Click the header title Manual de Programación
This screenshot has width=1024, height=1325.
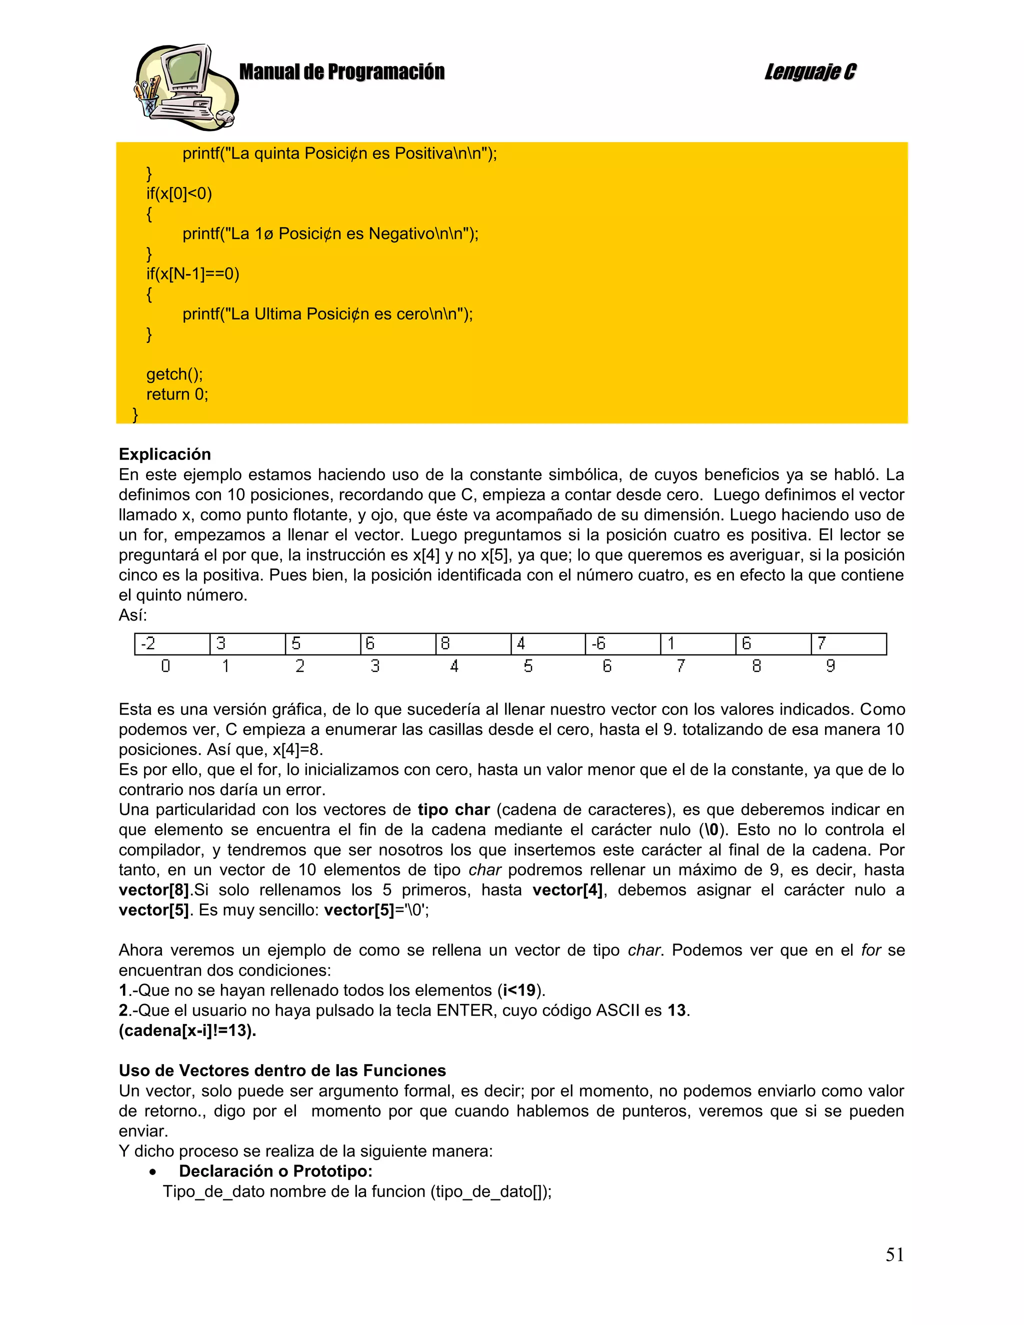click(341, 72)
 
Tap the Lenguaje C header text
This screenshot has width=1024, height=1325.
click(810, 72)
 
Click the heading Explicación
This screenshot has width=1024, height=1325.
click(164, 454)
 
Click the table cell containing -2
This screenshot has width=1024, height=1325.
click(171, 643)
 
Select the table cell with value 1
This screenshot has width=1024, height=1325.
click(697, 643)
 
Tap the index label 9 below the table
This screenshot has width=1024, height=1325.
click(830, 666)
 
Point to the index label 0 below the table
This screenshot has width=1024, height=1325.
click(165, 666)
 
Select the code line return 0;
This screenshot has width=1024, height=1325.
click(177, 394)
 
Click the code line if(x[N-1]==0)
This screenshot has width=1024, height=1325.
click(192, 274)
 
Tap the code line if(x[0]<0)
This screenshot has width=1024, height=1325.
click(179, 194)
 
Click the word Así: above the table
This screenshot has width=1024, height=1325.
click(133, 615)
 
